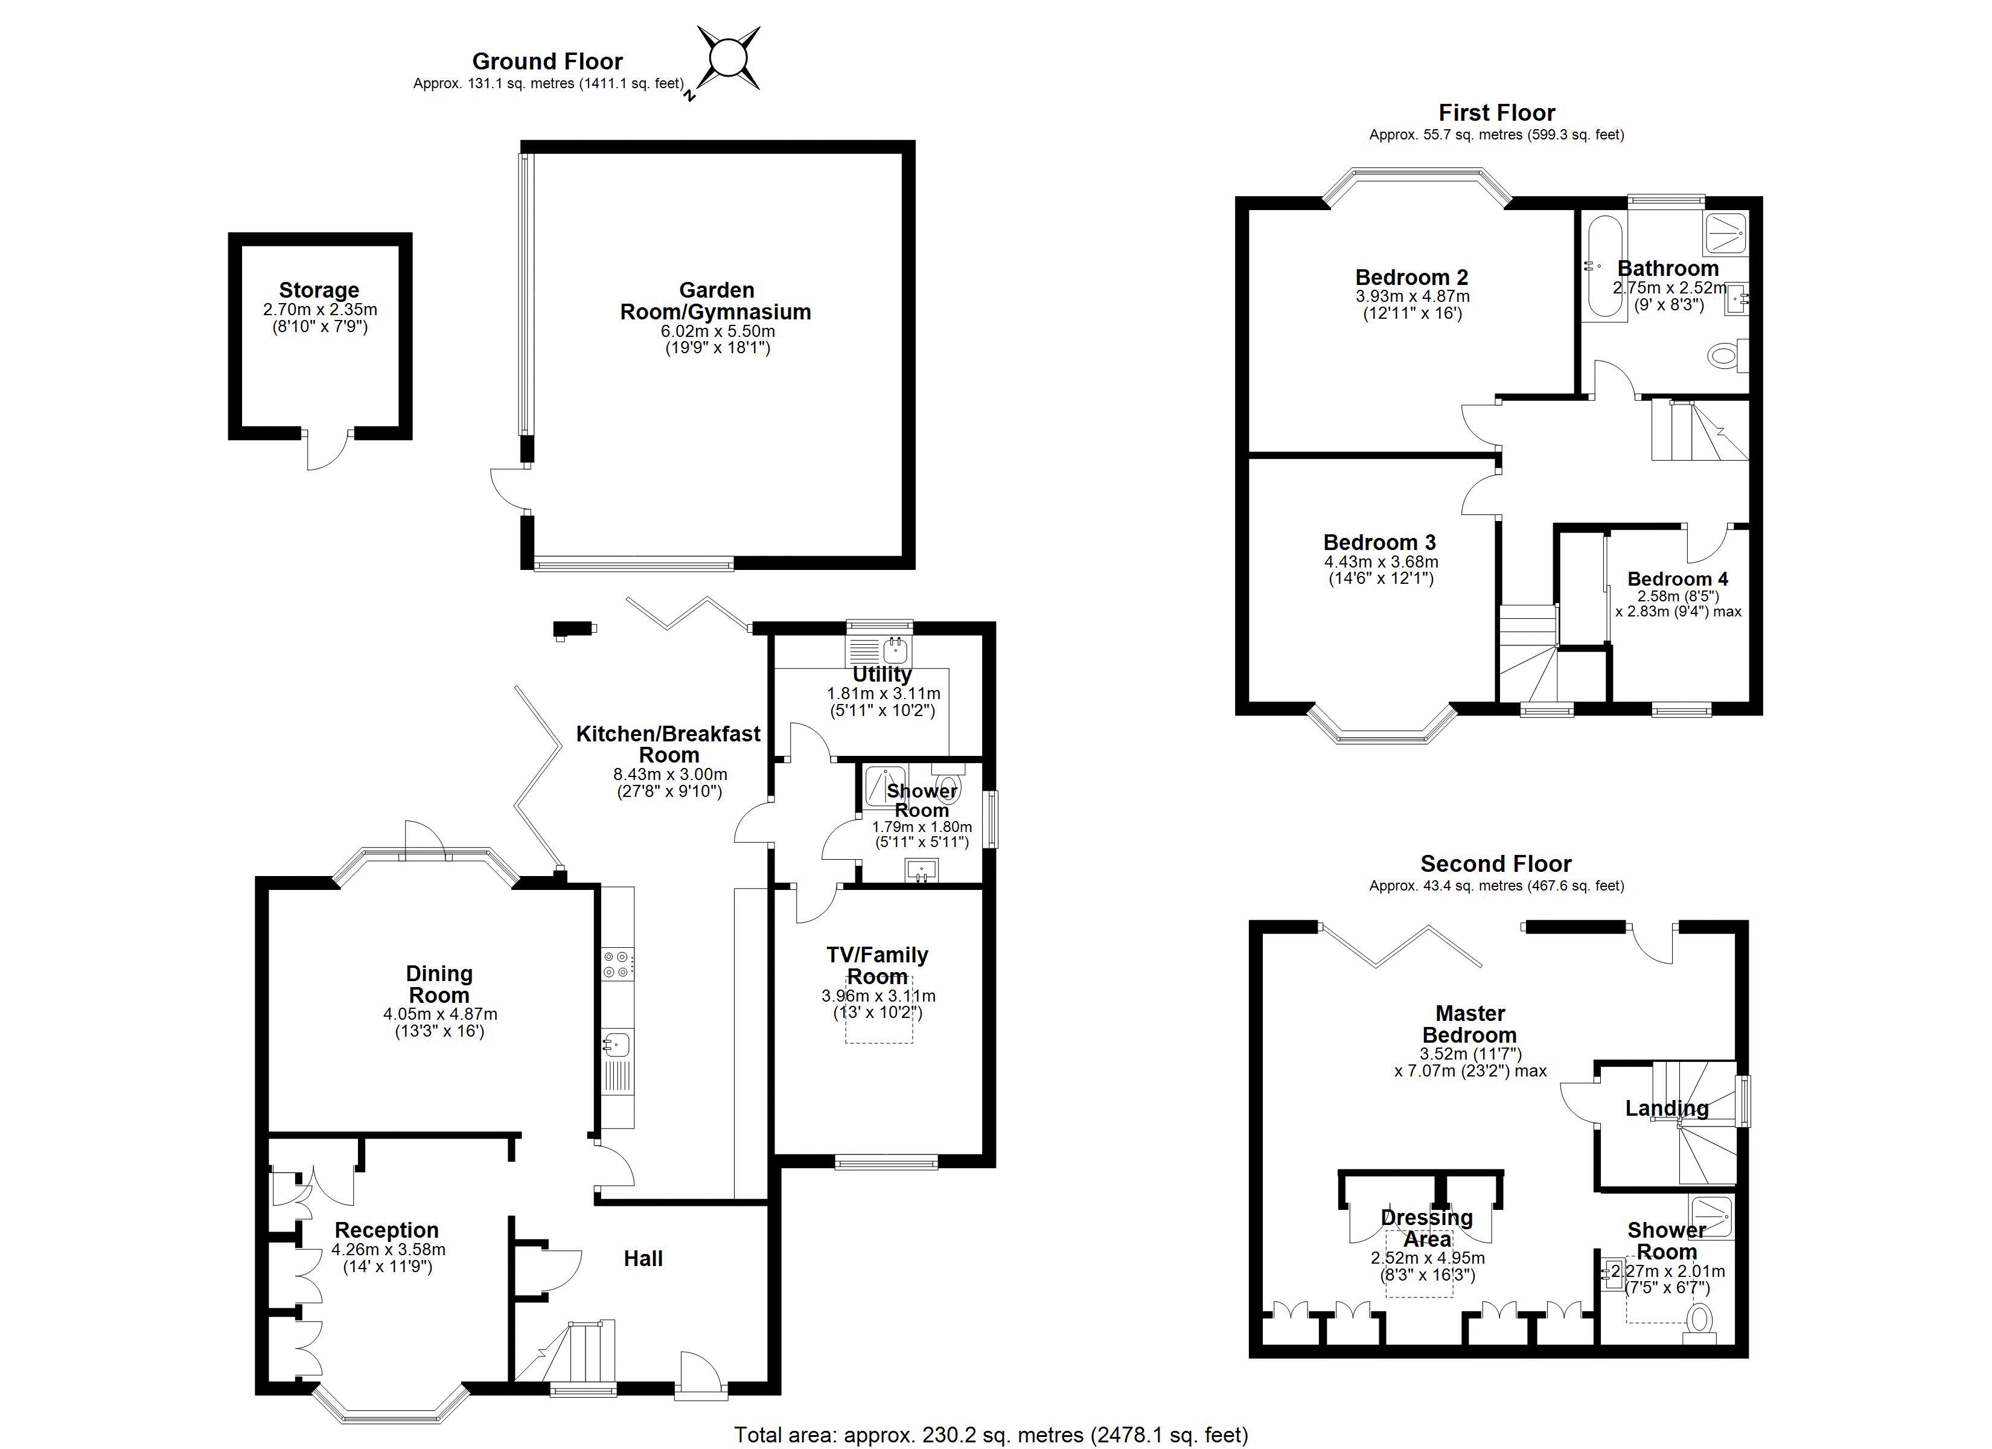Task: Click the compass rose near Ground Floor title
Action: click(728, 59)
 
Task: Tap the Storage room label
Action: click(319, 290)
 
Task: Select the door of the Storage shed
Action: click(328, 450)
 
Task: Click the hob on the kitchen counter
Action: click(616, 964)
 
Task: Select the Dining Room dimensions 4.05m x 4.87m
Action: click(440, 1014)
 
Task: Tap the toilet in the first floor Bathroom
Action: click(1727, 356)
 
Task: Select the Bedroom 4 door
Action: click(1708, 545)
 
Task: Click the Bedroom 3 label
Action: click(1380, 542)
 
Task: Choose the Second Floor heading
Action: click(1496, 864)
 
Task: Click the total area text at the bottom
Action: click(991, 1435)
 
